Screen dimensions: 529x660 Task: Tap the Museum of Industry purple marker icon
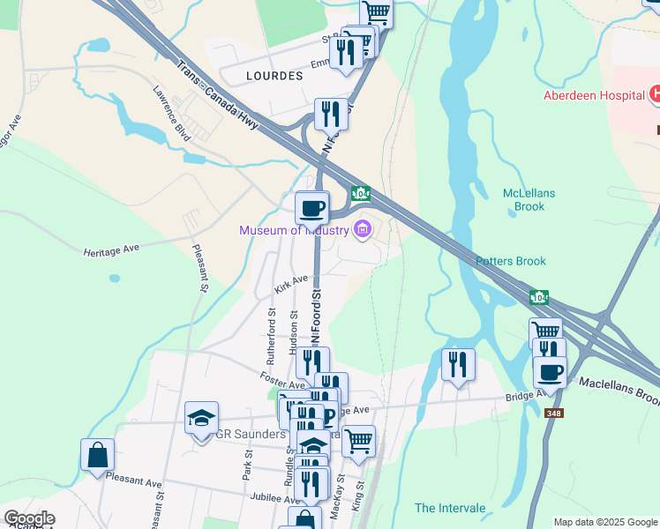[x=361, y=231]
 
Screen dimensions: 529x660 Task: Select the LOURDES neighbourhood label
[x=275, y=76]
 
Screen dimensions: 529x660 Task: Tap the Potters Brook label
[x=511, y=261]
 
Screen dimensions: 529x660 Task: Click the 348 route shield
[x=553, y=413]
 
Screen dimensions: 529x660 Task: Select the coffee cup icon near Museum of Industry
[x=311, y=208]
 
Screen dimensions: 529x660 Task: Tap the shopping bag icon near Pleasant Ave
[x=97, y=455]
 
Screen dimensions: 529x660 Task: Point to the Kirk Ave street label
[x=290, y=283]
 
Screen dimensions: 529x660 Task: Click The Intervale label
[x=450, y=509]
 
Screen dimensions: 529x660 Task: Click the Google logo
[x=29, y=518]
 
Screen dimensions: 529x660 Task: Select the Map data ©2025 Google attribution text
[x=605, y=522]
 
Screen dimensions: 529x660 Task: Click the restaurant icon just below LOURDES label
[x=331, y=113]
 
